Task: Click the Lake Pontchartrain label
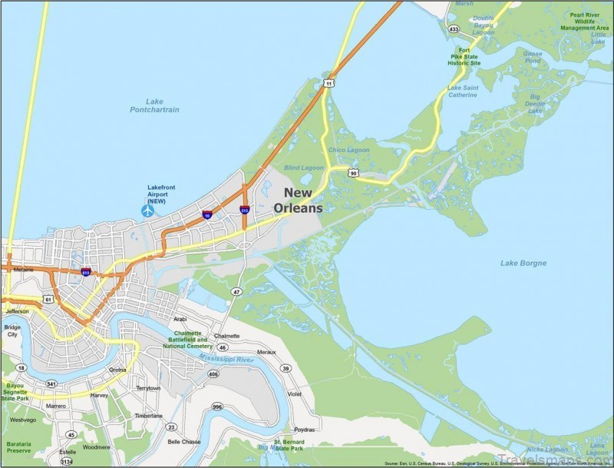click(x=154, y=105)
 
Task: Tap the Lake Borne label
click(x=523, y=264)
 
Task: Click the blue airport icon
click(x=147, y=210)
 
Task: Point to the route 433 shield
click(x=454, y=29)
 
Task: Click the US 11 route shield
click(x=329, y=82)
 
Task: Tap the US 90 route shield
click(x=352, y=173)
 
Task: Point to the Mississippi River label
click(x=226, y=359)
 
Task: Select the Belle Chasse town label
click(x=184, y=442)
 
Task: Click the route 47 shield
click(x=237, y=291)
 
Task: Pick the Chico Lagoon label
click(x=348, y=150)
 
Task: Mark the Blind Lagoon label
click(x=304, y=168)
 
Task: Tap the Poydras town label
click(x=305, y=430)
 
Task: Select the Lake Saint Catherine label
click(x=462, y=91)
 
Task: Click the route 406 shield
click(x=213, y=374)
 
